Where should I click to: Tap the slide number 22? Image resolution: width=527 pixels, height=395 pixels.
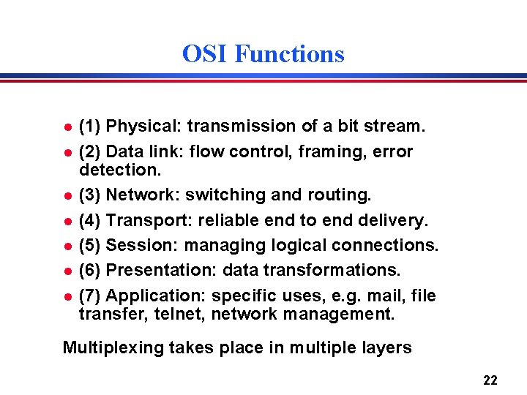click(490, 380)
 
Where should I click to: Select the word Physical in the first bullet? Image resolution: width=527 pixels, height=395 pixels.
click(143, 127)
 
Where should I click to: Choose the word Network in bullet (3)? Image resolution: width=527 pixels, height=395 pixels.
click(143, 195)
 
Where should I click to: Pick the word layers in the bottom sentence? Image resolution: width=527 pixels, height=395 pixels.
click(386, 347)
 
